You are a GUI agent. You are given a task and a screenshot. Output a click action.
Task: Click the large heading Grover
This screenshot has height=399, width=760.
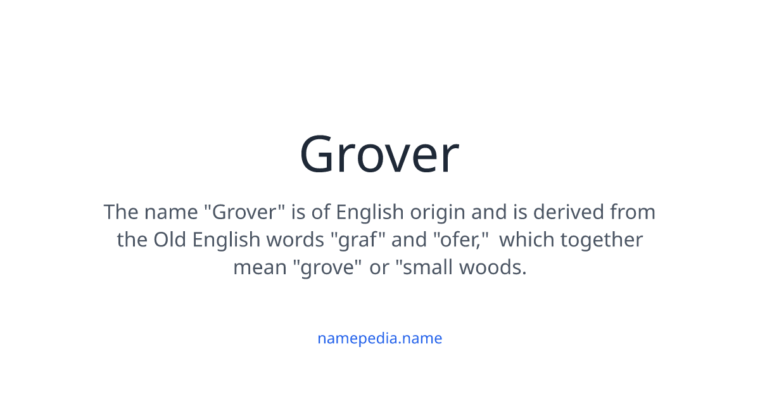tap(379, 155)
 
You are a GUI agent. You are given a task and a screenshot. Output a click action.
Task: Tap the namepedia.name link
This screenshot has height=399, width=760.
tap(379, 338)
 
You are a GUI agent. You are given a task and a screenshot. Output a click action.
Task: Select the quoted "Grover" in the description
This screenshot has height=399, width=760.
tap(244, 212)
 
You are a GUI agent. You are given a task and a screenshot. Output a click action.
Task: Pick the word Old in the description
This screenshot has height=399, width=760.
tap(170, 239)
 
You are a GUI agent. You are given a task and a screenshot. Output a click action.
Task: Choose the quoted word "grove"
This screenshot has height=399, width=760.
tap(327, 267)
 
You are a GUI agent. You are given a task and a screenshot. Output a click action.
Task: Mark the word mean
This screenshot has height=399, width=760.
tap(260, 267)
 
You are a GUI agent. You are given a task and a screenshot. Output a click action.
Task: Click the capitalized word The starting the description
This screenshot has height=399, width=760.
tap(122, 212)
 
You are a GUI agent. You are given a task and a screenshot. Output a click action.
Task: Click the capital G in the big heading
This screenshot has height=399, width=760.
tap(321, 155)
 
